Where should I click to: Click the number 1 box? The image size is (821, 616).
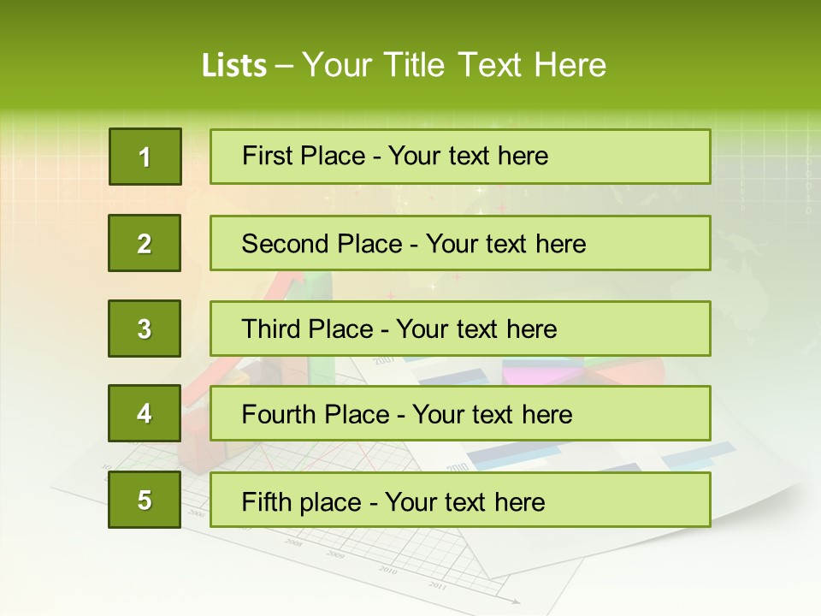coord(145,157)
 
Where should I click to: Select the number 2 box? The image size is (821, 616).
coord(145,243)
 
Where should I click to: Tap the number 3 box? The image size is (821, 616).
coord(145,329)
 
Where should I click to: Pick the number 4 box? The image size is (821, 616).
coord(145,414)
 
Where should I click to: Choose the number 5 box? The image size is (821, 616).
coord(145,500)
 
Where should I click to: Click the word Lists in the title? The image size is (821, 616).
coord(234,65)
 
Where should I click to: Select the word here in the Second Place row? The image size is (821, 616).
coord(560,244)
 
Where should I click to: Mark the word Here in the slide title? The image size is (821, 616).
coord(570,65)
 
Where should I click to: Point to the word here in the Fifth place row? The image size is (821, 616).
coord(519,501)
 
